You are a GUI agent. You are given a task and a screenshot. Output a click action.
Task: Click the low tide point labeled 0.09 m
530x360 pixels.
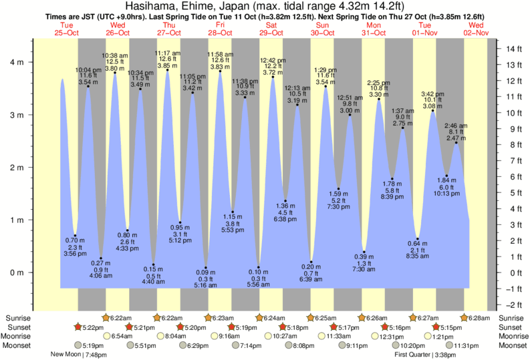[206, 268]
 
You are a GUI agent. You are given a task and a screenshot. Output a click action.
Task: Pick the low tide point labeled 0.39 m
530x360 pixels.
[364, 252]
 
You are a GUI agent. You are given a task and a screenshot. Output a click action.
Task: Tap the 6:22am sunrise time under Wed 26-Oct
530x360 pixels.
[120, 318]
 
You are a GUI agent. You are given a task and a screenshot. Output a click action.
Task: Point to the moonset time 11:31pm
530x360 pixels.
[468, 345]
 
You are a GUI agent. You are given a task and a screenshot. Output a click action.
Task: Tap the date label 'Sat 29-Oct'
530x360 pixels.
[271, 29]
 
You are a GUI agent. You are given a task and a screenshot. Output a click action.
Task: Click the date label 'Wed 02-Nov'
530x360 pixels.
[477, 29]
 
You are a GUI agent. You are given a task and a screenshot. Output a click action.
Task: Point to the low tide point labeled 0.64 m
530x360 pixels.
[418, 238]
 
